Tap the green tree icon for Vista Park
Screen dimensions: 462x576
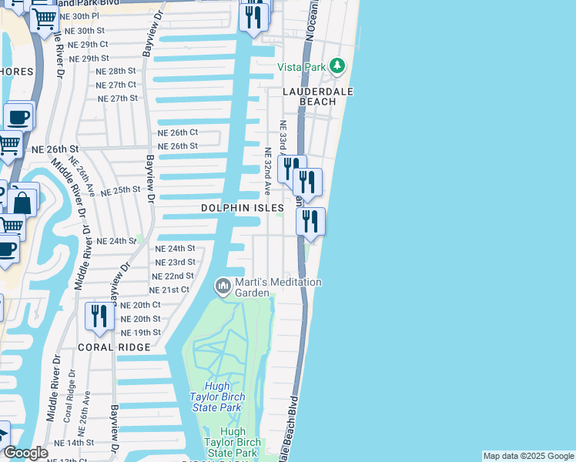point(337,66)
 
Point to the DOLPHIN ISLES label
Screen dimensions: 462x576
point(243,208)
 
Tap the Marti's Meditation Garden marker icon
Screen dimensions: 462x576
point(223,286)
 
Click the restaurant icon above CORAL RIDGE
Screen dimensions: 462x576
point(99,317)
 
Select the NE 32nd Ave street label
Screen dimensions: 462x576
point(269,171)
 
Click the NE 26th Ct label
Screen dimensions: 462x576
point(178,132)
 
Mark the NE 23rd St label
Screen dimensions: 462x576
point(175,263)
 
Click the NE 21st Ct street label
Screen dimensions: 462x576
point(169,290)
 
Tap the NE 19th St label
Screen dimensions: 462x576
point(141,333)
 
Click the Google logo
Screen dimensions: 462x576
point(25,453)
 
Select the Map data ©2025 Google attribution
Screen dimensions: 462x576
point(528,456)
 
